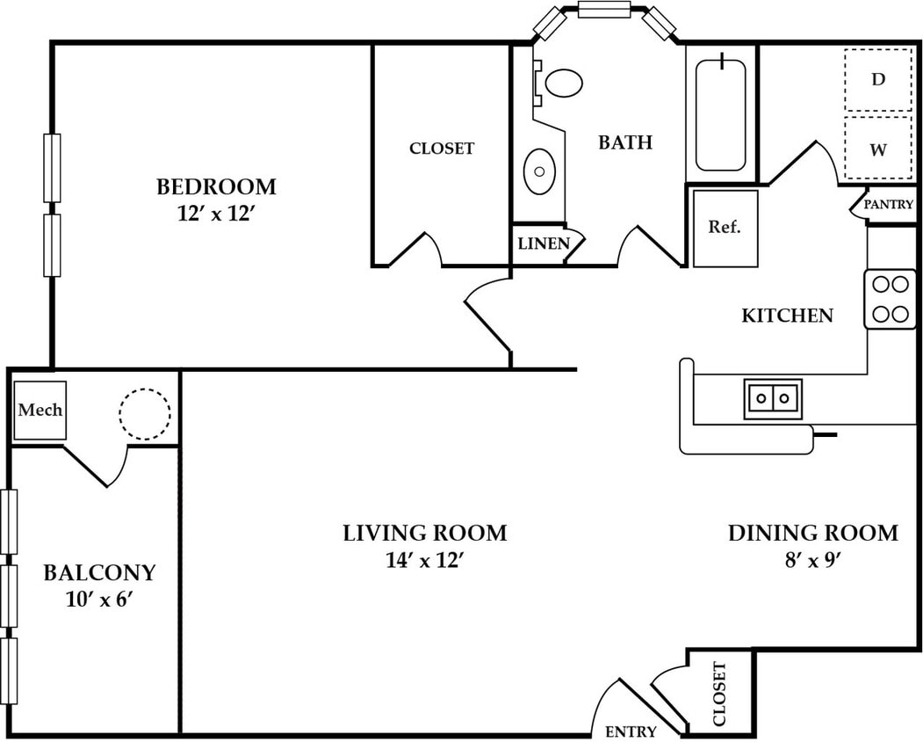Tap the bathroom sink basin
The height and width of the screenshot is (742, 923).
click(539, 171)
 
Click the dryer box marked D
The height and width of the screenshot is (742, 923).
click(878, 80)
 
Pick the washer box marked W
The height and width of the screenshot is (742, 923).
click(878, 149)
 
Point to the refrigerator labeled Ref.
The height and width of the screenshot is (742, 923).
click(725, 228)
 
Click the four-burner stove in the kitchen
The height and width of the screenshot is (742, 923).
click(890, 299)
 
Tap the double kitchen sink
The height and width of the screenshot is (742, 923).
click(773, 398)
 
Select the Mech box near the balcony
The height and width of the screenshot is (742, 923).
click(40, 411)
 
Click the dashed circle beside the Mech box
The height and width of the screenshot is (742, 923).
click(145, 414)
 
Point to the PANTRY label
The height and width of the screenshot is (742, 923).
click(888, 205)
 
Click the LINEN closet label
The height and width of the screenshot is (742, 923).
click(544, 244)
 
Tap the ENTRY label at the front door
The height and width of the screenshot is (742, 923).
click(631, 731)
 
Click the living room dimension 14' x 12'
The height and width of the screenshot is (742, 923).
click(422, 560)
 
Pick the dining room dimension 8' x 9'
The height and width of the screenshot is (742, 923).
click(812, 560)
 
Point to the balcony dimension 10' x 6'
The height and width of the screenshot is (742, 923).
click(97, 600)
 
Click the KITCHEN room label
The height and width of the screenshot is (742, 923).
click(787, 316)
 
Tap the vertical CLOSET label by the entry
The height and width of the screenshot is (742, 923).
click(719, 695)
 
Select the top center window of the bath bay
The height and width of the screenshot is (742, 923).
click(604, 10)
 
